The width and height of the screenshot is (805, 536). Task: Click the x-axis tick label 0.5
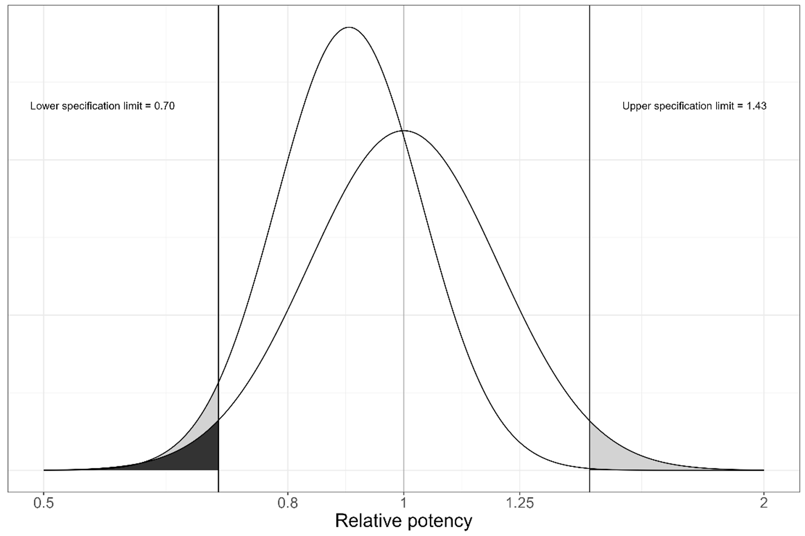pyautogui.click(x=43, y=503)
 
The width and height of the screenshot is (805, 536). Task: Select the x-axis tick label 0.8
pyautogui.click(x=288, y=503)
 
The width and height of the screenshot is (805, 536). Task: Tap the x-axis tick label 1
pyautogui.click(x=404, y=503)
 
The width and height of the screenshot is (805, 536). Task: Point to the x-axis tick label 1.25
pyautogui.click(x=519, y=503)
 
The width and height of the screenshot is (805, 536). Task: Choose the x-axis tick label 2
pyautogui.click(x=763, y=503)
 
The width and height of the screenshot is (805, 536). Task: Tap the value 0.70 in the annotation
pyautogui.click(x=164, y=106)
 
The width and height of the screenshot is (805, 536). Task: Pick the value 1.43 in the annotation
pyautogui.click(x=756, y=106)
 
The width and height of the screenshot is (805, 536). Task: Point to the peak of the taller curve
pyautogui.click(x=349, y=27)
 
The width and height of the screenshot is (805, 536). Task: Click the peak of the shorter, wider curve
pyautogui.click(x=405, y=131)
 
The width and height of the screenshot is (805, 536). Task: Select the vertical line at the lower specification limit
pyautogui.click(x=219, y=247)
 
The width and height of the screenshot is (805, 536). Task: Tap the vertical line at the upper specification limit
pyautogui.click(x=589, y=247)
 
